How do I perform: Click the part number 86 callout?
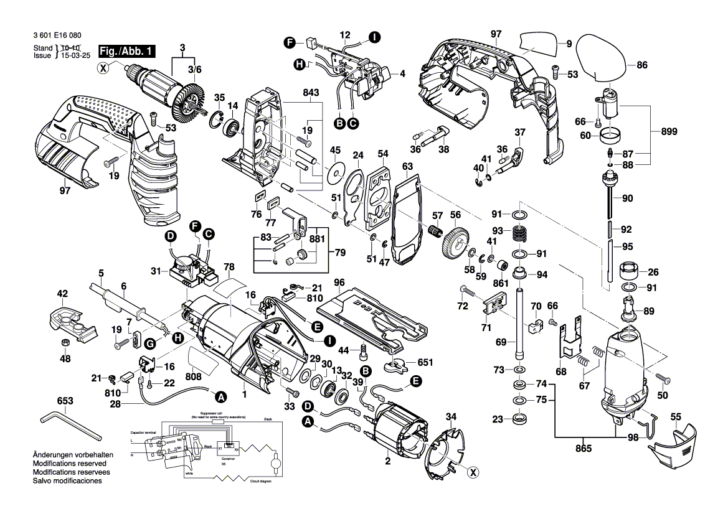pyautogui.click(x=642, y=63)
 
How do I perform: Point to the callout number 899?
pyautogui.click(x=669, y=132)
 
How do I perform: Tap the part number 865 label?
pyautogui.click(x=583, y=447)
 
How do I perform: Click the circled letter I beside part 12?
pyautogui.click(x=374, y=37)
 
